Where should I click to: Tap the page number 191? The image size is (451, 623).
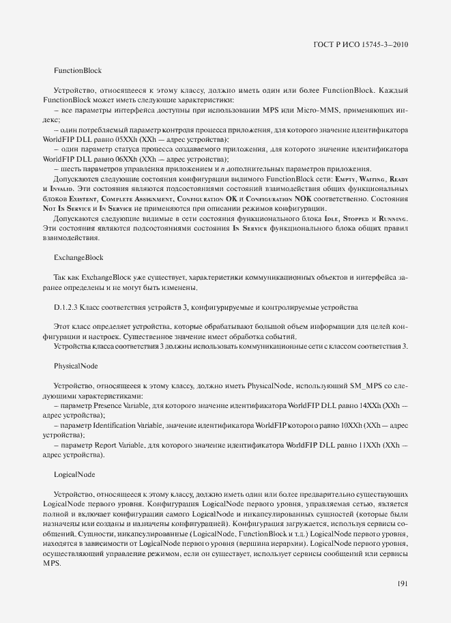(x=402, y=583)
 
